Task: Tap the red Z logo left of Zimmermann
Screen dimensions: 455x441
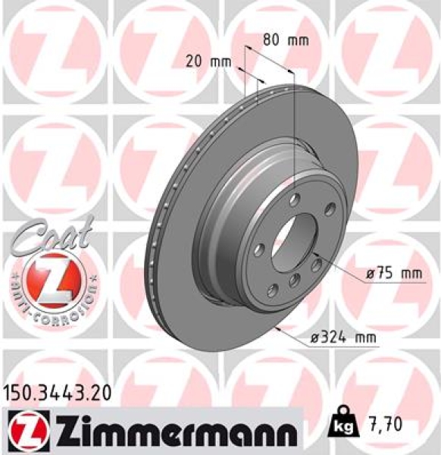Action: click(x=24, y=431)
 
